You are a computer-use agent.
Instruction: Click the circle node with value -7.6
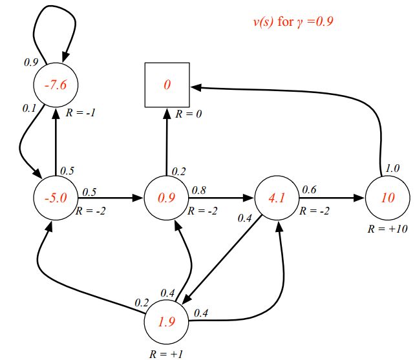(56, 85)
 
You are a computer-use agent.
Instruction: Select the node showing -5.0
(56, 197)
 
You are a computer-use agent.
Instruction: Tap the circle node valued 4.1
(277, 197)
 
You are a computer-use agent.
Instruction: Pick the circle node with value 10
(387, 197)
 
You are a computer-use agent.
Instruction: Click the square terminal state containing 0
(166, 85)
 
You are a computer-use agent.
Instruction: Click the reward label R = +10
(387, 229)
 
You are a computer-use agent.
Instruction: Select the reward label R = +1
(166, 354)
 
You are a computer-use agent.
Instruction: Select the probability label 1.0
(392, 167)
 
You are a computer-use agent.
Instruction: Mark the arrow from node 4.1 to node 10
(331, 198)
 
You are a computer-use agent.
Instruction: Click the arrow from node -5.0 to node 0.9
(110, 198)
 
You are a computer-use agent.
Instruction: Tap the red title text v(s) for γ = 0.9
(292, 22)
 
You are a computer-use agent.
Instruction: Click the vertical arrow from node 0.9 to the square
(167, 142)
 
